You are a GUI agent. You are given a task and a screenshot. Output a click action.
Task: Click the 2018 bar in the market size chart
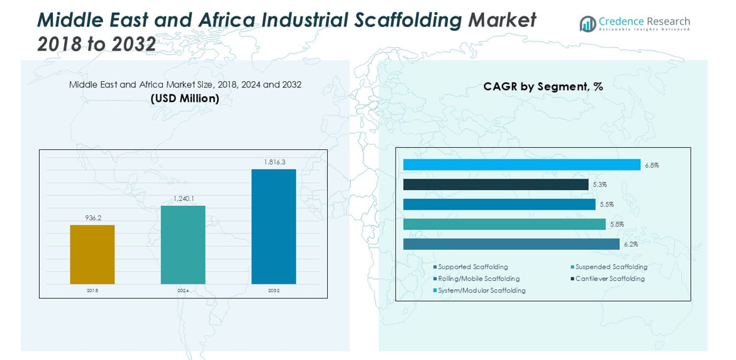[92, 254]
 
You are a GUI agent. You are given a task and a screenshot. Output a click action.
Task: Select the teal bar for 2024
[183, 245]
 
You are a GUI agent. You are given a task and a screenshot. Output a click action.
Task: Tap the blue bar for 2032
[274, 227]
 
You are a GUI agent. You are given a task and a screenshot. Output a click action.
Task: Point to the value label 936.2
[93, 218]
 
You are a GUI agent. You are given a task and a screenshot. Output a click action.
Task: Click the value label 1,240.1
[184, 199]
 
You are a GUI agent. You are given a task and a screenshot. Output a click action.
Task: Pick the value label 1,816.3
[274, 162]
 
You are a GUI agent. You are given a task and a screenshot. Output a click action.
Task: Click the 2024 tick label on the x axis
[183, 291]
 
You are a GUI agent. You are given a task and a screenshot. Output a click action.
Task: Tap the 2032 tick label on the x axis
[274, 291]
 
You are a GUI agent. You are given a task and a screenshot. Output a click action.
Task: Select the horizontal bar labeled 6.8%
[521, 165]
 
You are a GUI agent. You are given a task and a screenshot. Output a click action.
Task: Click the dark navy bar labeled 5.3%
[496, 184]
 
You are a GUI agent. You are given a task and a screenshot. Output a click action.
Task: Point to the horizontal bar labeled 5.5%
[499, 205]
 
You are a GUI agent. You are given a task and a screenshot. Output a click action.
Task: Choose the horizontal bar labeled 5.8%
[504, 224]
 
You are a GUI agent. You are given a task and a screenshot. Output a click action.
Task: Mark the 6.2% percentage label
[630, 244]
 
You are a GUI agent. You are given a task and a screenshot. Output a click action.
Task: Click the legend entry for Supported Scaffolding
[472, 267]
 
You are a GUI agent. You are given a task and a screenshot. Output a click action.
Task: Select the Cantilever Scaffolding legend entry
[610, 279]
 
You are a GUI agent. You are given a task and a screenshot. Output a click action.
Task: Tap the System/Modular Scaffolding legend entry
[481, 291]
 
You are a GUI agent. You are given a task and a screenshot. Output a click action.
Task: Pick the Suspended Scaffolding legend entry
[611, 267]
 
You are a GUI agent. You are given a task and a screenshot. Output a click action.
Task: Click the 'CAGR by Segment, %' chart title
[543, 87]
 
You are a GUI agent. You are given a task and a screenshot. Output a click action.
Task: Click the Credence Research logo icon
[588, 24]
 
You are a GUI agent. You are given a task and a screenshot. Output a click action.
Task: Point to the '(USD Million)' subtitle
[185, 99]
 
